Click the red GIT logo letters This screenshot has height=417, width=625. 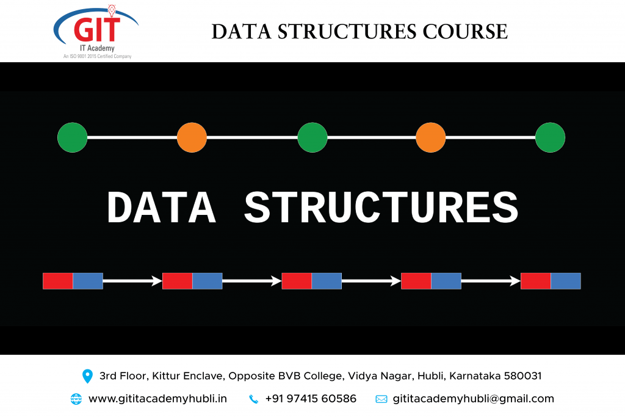pos(97,29)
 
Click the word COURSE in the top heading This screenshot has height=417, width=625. pos(465,32)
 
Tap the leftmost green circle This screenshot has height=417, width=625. pos(73,137)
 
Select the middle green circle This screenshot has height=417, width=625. pos(312,137)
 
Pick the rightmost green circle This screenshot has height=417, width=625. pos(550,137)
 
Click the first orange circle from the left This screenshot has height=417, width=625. pos(192,137)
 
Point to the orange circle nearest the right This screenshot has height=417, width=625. pos(430,137)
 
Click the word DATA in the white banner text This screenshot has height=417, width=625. pos(161,208)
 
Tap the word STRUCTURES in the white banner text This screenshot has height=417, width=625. pos(381,208)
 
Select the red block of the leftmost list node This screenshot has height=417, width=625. pos(58,281)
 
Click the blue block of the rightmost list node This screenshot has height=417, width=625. pos(566,281)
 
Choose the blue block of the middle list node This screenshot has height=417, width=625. pos(327,281)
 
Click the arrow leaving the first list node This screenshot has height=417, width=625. pos(132,281)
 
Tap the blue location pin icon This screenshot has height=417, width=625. pos(87,376)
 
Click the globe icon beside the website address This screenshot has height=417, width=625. pos(76,399)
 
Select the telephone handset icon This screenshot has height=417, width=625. pos(253,399)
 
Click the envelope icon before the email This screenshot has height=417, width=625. pos(381,399)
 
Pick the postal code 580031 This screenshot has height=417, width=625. pos(522,376)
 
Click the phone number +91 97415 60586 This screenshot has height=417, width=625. pos(311,399)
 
